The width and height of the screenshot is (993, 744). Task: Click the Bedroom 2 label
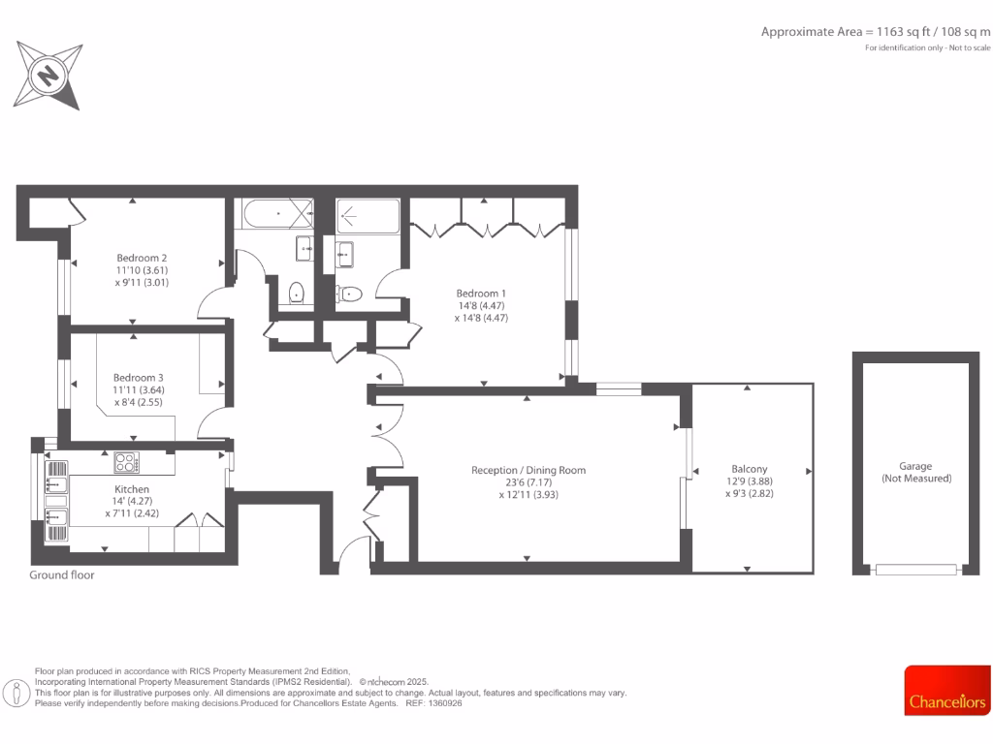[143, 258]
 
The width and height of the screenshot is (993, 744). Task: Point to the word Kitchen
[132, 489]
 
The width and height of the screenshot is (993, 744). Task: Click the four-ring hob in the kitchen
[127, 461]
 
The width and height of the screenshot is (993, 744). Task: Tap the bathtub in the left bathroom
[275, 213]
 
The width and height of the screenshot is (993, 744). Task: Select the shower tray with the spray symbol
[368, 216]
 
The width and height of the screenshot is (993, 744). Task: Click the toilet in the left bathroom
[298, 292]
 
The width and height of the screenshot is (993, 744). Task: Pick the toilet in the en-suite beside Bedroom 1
[350, 294]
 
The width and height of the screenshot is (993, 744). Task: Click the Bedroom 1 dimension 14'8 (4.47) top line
[482, 305]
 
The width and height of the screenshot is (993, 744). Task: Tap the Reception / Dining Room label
[529, 470]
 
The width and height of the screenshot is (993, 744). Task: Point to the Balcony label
[750, 469]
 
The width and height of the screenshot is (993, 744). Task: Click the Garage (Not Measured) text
[915, 473]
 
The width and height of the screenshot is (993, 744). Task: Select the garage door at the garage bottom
[915, 570]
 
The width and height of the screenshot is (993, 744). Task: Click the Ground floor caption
[62, 574]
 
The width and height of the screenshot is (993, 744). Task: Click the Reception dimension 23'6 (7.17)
[529, 481]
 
